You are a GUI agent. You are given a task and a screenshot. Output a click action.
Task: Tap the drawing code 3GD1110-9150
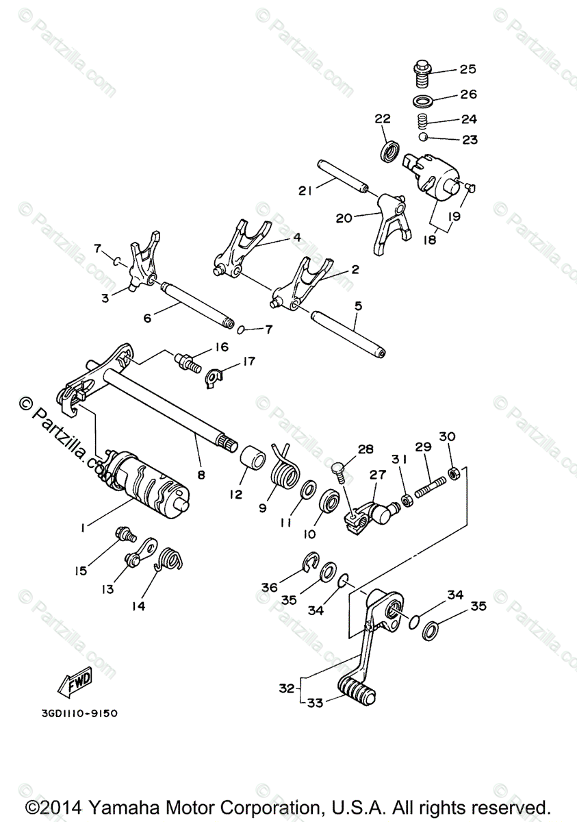[x=79, y=713]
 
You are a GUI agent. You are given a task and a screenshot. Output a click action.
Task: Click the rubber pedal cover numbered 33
[x=356, y=688]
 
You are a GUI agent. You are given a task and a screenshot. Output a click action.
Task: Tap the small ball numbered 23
[x=424, y=137]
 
